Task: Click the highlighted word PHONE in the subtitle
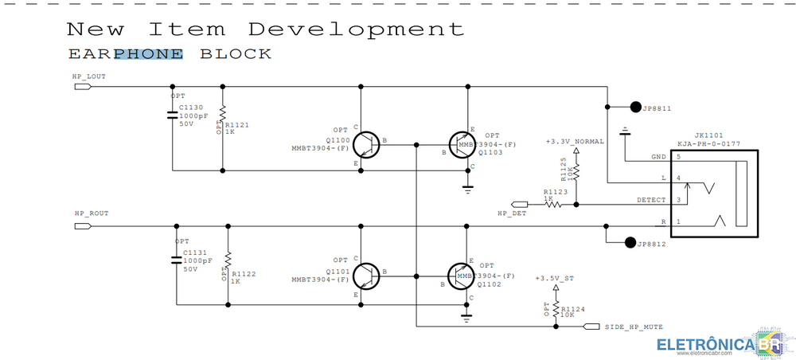[148, 54]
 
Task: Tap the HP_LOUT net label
[89, 77]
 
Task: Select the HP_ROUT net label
[91, 214]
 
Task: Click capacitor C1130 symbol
[172, 114]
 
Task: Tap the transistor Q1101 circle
[365, 276]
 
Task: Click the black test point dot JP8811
[635, 107]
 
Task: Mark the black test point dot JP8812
[631, 242]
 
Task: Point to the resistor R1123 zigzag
[553, 204]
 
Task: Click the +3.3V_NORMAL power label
[575, 141]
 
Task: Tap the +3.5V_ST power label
[556, 278]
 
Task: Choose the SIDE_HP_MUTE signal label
[634, 327]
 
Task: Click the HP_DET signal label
[512, 213]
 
